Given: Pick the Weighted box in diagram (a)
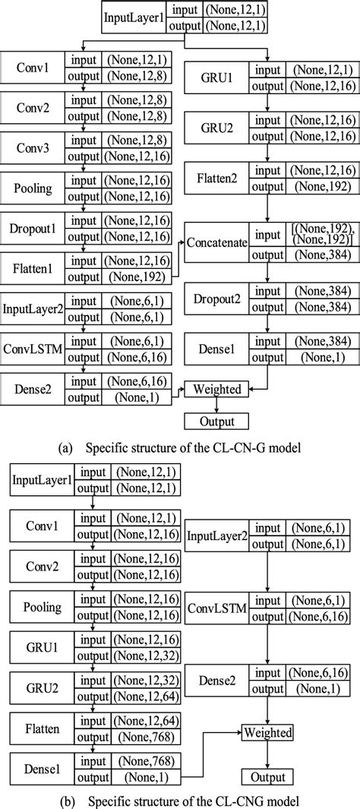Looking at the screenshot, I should [217, 389].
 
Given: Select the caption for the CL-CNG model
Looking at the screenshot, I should [180, 799].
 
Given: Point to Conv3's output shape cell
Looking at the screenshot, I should [144, 156].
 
